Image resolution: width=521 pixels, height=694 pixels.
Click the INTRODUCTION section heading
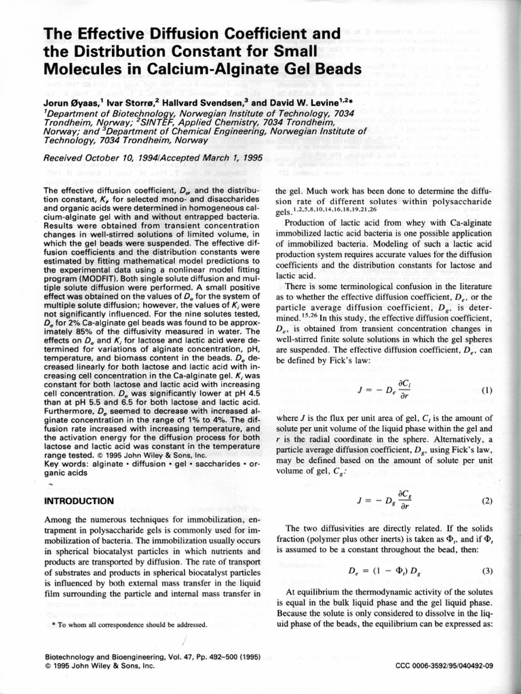coord(78,501)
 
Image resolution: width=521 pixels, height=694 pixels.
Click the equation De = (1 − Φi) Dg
coord(389,571)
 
